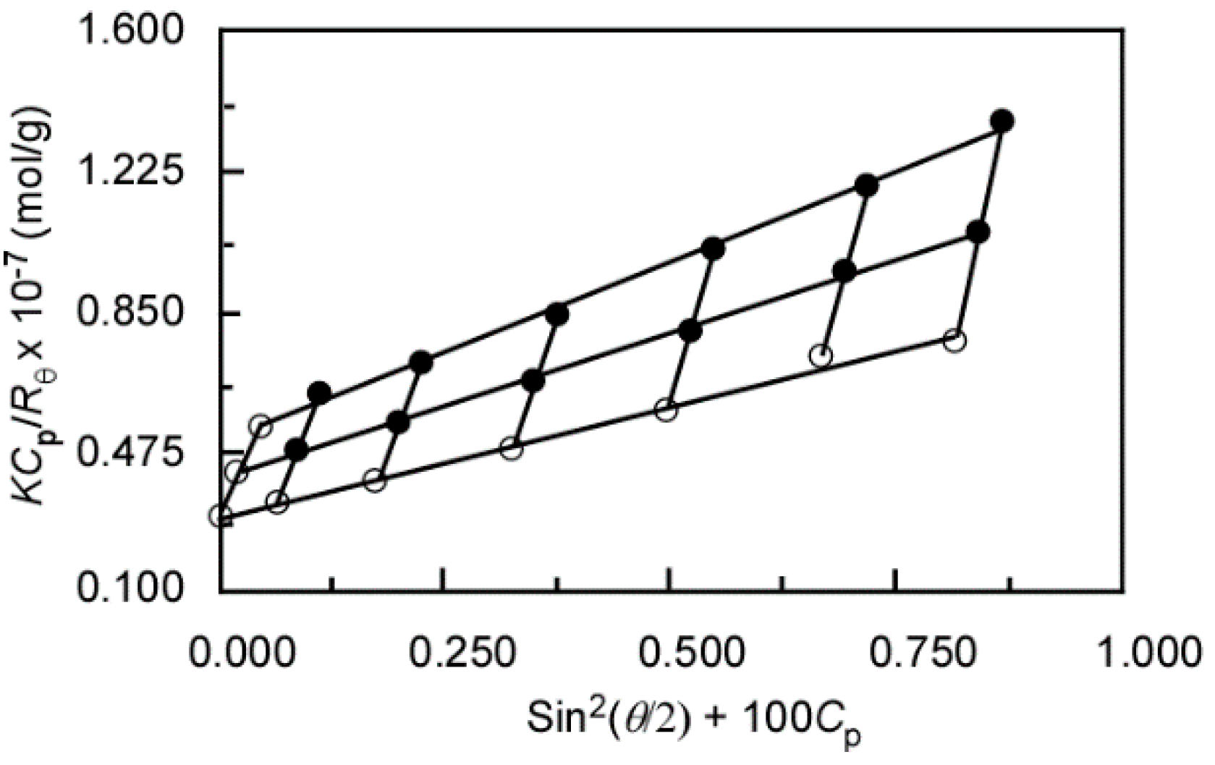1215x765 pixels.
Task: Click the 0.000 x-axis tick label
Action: click(x=244, y=653)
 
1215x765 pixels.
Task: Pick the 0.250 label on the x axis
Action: click(x=463, y=653)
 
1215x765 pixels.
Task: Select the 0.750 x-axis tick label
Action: click(x=917, y=653)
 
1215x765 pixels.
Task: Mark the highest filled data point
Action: click(x=1002, y=121)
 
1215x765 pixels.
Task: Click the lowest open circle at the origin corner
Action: click(x=220, y=516)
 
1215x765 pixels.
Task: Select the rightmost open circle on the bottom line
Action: click(x=954, y=341)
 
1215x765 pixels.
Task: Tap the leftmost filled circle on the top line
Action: click(x=319, y=393)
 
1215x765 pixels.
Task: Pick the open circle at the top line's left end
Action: click(x=261, y=426)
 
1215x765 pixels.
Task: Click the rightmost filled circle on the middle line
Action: click(x=978, y=232)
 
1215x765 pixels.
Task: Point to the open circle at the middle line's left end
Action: click(x=236, y=472)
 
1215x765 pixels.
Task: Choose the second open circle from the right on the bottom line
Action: click(x=821, y=355)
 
